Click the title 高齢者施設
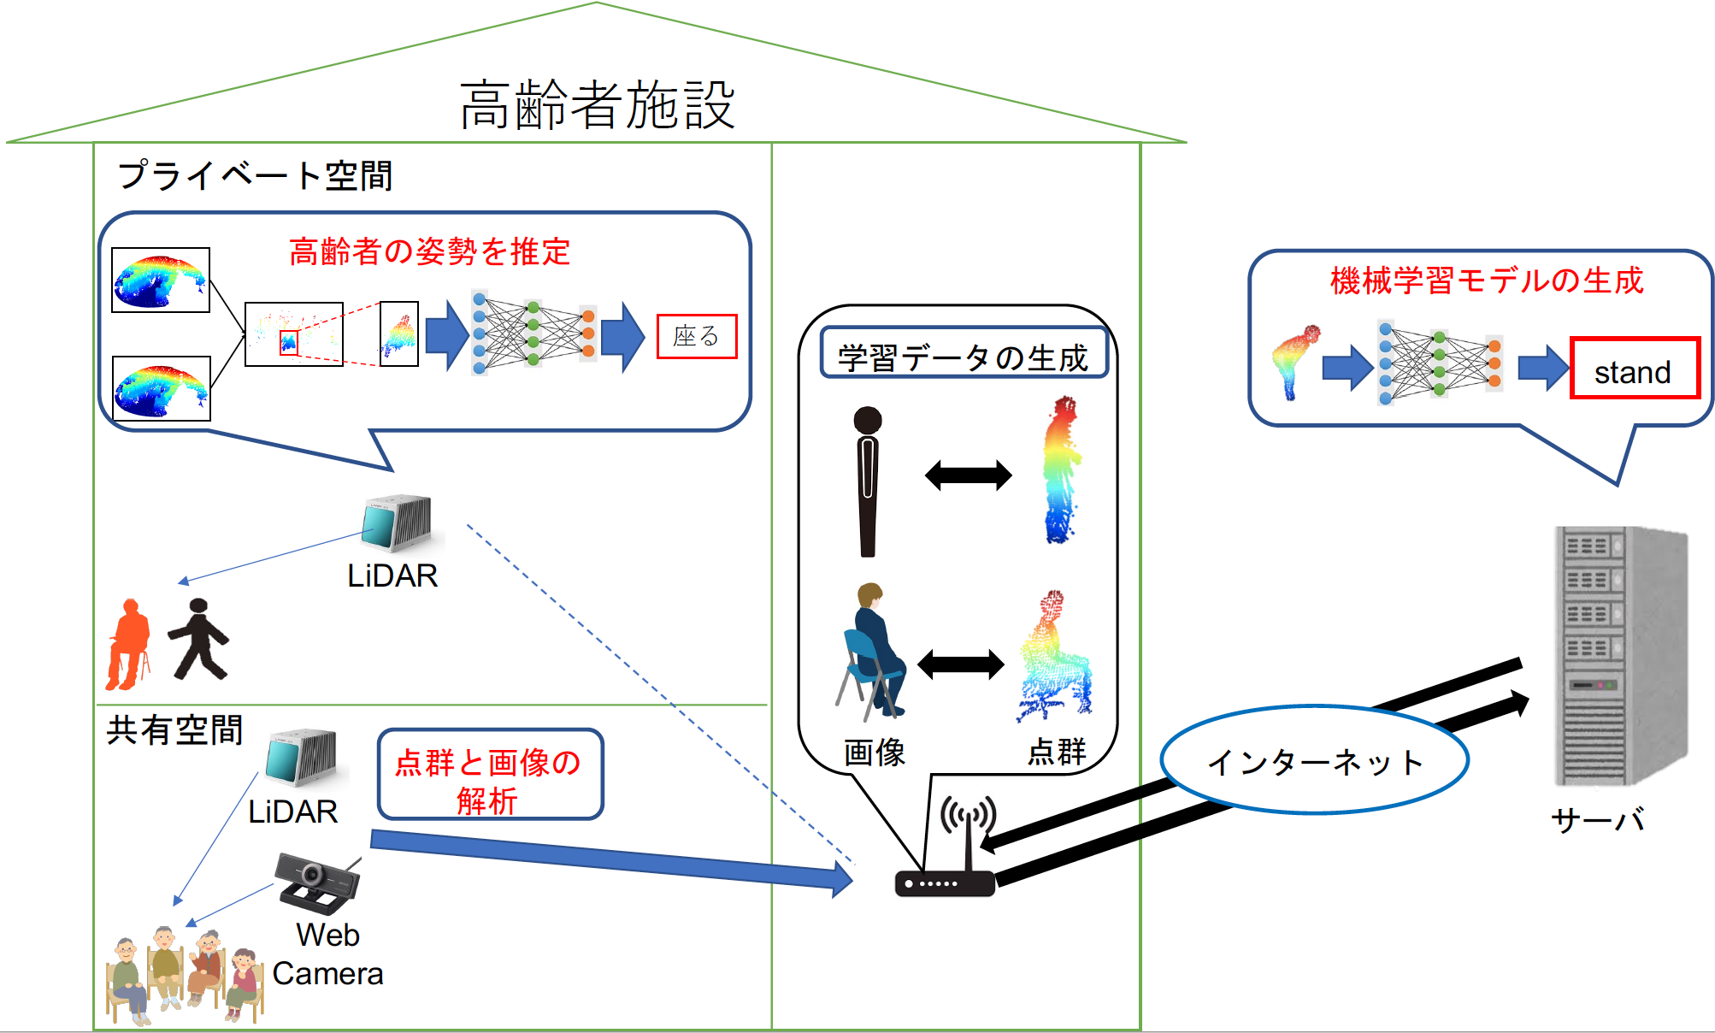click(x=597, y=105)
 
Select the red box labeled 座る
click(x=696, y=336)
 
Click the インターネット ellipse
click(x=1314, y=760)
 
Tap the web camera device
click(x=316, y=882)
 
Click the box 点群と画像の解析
click(x=490, y=775)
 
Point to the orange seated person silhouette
click(x=128, y=644)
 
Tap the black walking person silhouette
click(x=198, y=639)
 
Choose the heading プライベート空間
click(x=255, y=175)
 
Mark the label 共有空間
click(x=174, y=730)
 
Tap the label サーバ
click(x=1597, y=820)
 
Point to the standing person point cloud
click(x=1062, y=470)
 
